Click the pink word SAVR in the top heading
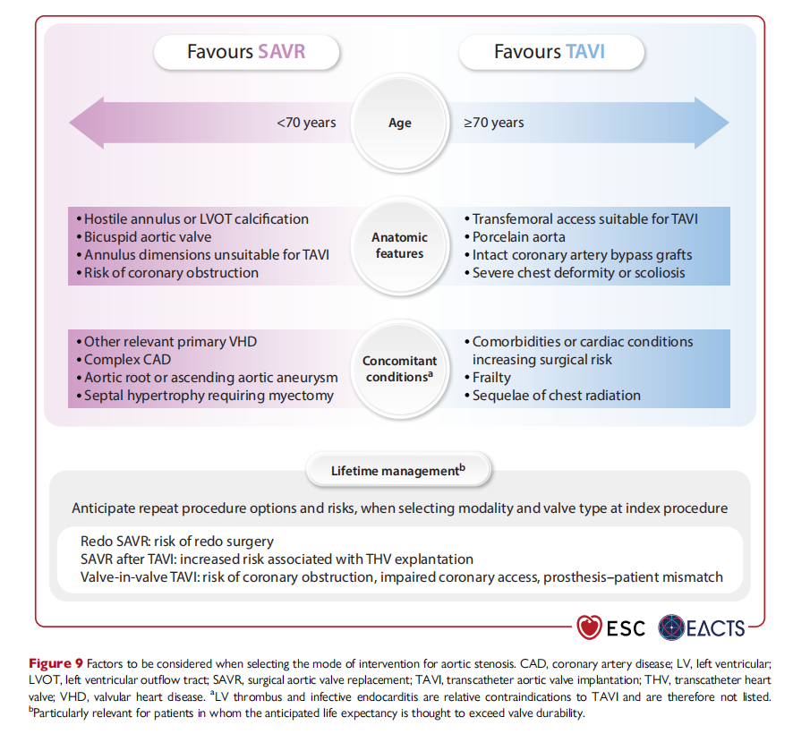282,52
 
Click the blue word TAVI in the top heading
585,52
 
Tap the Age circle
399,123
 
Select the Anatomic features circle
399,245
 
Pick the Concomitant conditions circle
399,369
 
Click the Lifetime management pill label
398,471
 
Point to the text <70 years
306,123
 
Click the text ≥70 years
493,123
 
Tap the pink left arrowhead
86,123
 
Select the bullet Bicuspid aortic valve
144,236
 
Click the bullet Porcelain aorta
515,236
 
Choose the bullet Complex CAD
124,360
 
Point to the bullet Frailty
488,378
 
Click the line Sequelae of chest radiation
552,395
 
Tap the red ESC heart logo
589,627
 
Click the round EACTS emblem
671,627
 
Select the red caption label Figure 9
55,663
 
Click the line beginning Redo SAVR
177,542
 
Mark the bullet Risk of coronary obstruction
167,273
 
